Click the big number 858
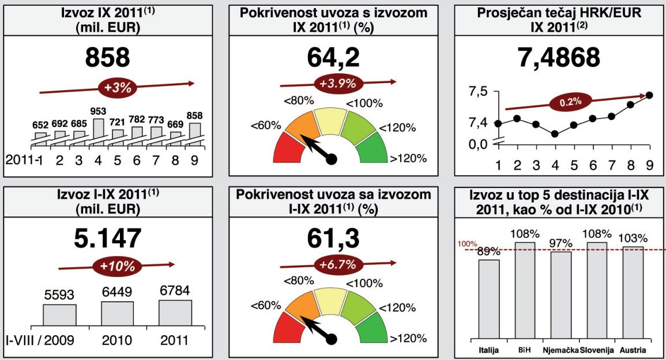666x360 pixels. (108, 58)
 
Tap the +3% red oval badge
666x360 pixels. (118, 88)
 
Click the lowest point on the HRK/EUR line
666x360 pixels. (555, 134)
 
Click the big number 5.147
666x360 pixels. (108, 238)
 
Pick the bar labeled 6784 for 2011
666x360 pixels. (175, 313)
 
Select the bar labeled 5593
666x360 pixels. (59, 315)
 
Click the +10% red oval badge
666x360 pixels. (118, 267)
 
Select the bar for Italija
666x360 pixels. (488, 300)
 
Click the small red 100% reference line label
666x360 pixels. (468, 245)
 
